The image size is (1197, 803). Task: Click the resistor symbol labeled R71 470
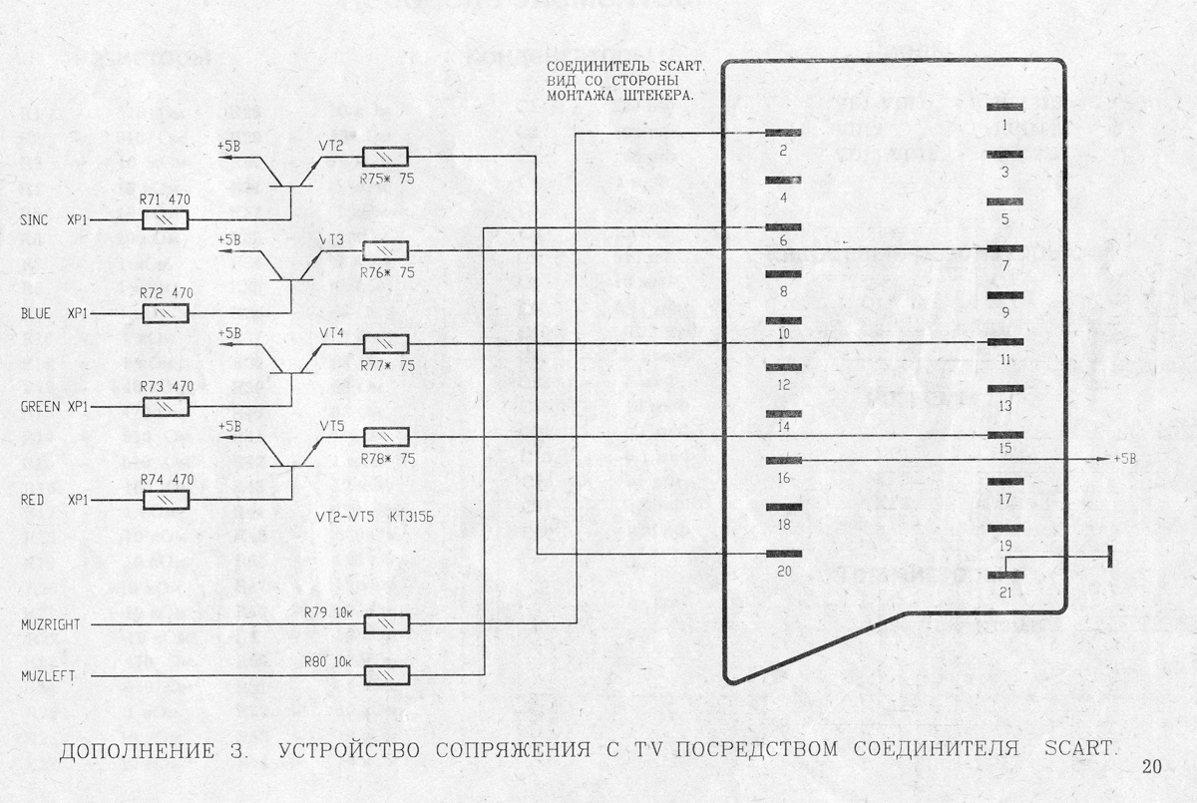(167, 219)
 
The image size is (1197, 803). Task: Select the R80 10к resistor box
(385, 675)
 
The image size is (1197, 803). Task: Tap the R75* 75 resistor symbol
(384, 157)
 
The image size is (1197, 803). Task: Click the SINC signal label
(35, 219)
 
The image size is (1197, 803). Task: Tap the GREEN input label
(41, 407)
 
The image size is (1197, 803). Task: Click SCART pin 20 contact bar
(784, 554)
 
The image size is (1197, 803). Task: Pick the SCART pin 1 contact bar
(1004, 108)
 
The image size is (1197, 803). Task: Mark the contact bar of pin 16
(784, 460)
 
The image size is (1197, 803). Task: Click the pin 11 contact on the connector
(1004, 342)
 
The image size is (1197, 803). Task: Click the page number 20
(1152, 767)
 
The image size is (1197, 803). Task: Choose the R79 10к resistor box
(385, 623)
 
